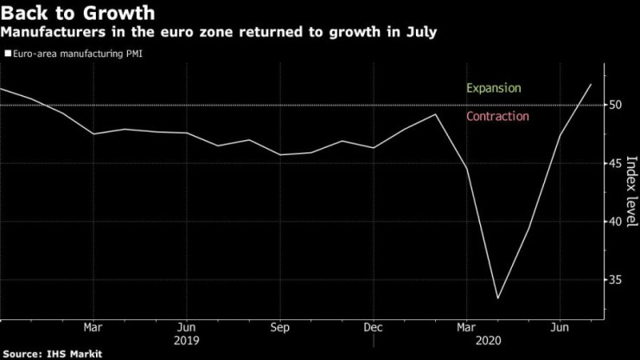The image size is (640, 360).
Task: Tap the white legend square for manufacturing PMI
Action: point(7,53)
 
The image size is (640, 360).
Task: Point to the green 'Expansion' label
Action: point(493,88)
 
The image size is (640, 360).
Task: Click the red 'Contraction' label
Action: point(497,117)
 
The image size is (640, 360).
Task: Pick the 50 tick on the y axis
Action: point(616,105)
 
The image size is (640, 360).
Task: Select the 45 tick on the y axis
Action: point(616,164)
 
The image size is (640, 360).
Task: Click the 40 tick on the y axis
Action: point(616,222)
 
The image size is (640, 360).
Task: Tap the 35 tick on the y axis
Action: point(616,280)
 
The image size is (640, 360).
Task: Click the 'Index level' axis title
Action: point(630,194)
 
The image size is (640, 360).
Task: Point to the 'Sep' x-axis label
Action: point(278,328)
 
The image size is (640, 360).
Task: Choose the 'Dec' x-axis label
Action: point(372,328)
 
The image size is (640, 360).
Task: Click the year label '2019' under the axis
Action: point(185,341)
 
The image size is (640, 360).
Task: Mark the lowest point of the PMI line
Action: point(497,299)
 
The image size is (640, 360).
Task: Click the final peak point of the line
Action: point(591,84)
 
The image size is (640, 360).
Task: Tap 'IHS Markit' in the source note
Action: point(75,354)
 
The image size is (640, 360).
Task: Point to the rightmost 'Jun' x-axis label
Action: point(559,328)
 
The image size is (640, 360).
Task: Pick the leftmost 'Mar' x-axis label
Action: point(93,328)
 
